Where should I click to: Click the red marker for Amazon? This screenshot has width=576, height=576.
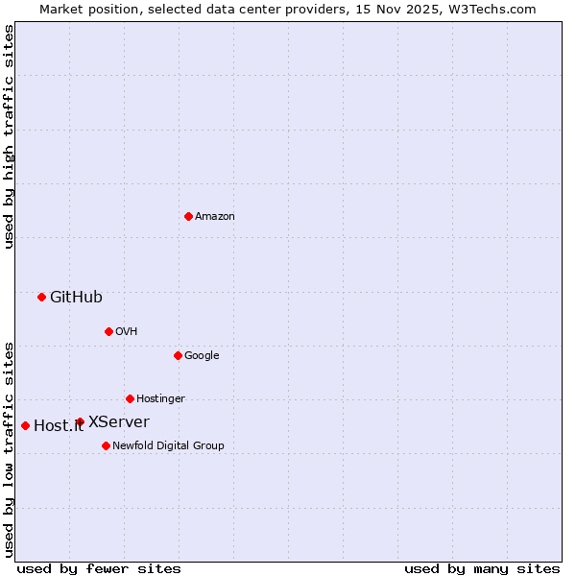tap(188, 216)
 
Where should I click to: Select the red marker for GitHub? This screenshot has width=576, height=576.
tap(41, 297)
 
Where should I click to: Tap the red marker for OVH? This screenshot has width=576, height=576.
tap(108, 331)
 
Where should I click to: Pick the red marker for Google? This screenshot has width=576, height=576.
tap(178, 355)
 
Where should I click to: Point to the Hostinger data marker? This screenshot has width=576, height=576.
tap(130, 398)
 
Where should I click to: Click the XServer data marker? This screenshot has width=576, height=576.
tap(80, 421)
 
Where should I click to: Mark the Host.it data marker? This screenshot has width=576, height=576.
tap(25, 425)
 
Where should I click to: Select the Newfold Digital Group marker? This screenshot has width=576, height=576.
tap(106, 445)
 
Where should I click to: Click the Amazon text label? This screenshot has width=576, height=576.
tap(215, 217)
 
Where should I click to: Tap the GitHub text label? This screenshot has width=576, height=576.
tap(76, 298)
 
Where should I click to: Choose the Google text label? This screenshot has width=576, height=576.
tap(202, 356)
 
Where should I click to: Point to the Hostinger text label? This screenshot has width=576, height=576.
tap(160, 399)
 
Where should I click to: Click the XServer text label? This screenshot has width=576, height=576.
tap(119, 422)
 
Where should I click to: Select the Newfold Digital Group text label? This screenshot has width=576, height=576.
tap(168, 446)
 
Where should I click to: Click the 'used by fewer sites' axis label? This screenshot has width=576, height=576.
tap(99, 568)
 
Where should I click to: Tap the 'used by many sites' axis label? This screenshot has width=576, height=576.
tap(482, 568)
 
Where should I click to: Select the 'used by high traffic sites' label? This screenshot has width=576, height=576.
tap(9, 136)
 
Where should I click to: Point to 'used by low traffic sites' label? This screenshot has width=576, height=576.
tap(9, 449)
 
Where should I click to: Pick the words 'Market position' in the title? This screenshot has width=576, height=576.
tap(85, 9)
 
